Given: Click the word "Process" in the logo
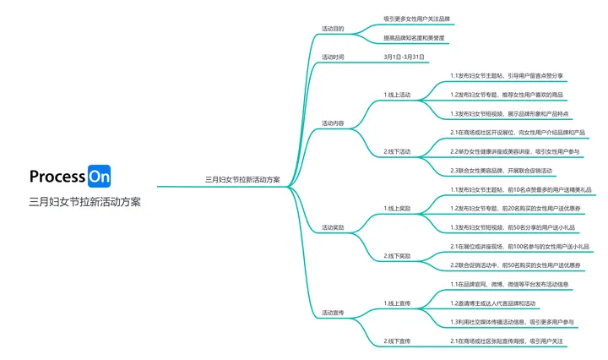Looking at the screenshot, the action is point(57,177).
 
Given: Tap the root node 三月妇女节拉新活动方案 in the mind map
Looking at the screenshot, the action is point(242,179).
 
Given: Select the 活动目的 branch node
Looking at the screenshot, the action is point(333,28).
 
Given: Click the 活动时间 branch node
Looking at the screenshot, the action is point(333,57).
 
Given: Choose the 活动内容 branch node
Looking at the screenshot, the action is point(333,123).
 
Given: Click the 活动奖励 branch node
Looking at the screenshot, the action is point(333,227).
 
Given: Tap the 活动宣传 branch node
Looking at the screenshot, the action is point(333,313).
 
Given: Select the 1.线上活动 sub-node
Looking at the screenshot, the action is point(397,95).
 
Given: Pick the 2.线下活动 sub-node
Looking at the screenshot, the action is point(397,151).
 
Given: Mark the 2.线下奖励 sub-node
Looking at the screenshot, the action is point(397,255).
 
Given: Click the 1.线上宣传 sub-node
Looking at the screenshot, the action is point(397,303).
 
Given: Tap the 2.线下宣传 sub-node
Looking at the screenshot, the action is point(397,341).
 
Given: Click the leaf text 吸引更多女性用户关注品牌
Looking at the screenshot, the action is point(416,18).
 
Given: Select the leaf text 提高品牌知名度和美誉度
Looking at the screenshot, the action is point(414,39).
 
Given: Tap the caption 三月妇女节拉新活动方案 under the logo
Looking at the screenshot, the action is point(84,202).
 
